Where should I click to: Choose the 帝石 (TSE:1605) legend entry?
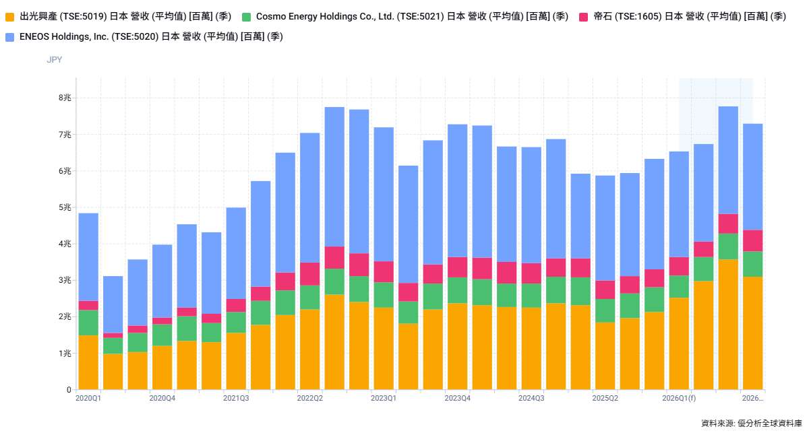(x=688, y=16)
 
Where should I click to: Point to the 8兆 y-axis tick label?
(x=65, y=98)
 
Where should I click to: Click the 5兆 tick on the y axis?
(x=65, y=207)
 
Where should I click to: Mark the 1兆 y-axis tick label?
(x=65, y=354)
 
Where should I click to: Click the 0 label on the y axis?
(x=69, y=390)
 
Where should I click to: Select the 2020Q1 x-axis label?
(x=88, y=398)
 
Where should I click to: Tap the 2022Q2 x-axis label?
(x=310, y=398)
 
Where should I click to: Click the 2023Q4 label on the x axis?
(x=458, y=398)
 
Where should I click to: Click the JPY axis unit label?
(x=55, y=60)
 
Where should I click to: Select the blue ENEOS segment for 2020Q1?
(x=88, y=257)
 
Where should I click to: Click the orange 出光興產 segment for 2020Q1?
(x=88, y=362)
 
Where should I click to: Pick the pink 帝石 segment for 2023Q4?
(x=458, y=267)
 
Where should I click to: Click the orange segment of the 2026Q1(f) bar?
(x=679, y=343)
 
